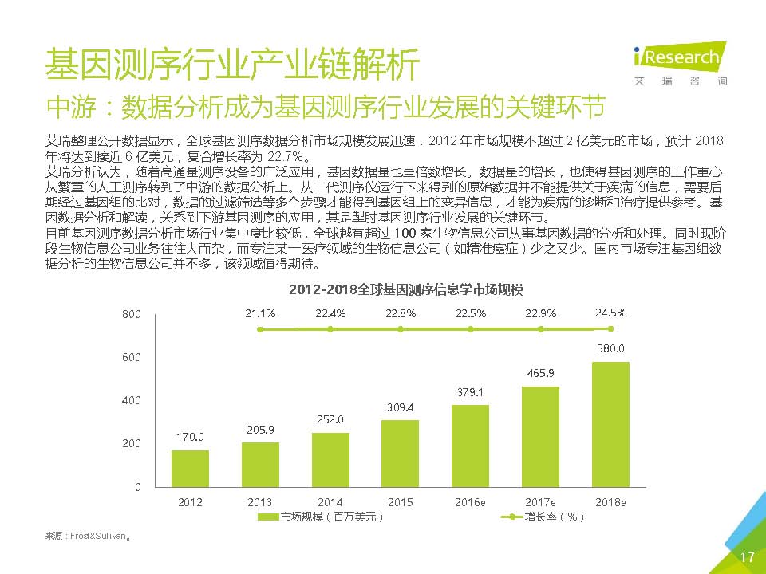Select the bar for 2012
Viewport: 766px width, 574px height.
coord(191,468)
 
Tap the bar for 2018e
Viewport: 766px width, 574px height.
coord(610,424)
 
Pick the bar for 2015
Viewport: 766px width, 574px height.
coord(400,453)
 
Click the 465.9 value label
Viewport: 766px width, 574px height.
coord(541,373)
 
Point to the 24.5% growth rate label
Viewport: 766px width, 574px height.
coord(610,313)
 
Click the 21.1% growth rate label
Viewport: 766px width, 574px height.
coord(260,313)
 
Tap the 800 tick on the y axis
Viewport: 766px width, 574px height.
coord(132,315)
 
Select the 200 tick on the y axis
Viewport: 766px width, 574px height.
coord(132,443)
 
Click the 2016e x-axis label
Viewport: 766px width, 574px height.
coord(470,502)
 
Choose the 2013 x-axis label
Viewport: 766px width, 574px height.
coord(260,502)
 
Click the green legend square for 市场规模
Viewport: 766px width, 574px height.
coord(269,517)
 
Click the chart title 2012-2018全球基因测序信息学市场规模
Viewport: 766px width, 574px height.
coord(400,287)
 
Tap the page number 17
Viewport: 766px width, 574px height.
coord(747,557)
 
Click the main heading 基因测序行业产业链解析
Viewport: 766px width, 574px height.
coord(231,65)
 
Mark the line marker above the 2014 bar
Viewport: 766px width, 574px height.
coord(330,328)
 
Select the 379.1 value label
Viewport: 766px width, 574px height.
coord(470,392)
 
